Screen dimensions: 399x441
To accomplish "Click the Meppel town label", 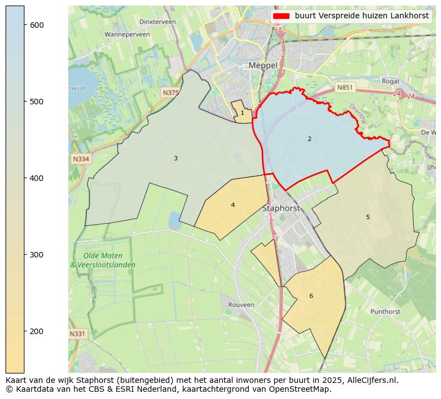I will (x=263, y=65).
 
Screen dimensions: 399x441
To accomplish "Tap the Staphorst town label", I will (x=280, y=209).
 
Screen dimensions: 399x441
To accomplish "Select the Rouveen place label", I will (x=241, y=305).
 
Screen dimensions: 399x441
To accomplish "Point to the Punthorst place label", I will (x=385, y=312).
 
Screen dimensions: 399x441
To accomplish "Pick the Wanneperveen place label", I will (x=127, y=34).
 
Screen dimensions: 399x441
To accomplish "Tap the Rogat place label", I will (x=390, y=81).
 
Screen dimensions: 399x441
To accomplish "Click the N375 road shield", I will (x=171, y=93).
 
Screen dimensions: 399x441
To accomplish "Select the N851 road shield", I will (x=344, y=88).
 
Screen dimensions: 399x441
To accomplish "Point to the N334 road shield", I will (x=81, y=159).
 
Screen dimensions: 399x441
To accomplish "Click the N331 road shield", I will (x=78, y=334).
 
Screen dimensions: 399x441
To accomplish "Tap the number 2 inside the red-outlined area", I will (x=309, y=139).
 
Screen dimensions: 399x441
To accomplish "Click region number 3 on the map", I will (x=176, y=159).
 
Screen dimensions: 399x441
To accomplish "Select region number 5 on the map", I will (x=368, y=217).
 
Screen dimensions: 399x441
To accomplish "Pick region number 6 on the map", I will (x=311, y=296).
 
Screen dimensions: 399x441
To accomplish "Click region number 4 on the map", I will (x=233, y=205).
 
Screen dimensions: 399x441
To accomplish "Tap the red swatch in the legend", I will (x=282, y=16).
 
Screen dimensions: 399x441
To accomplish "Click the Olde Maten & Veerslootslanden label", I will (x=102, y=260).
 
